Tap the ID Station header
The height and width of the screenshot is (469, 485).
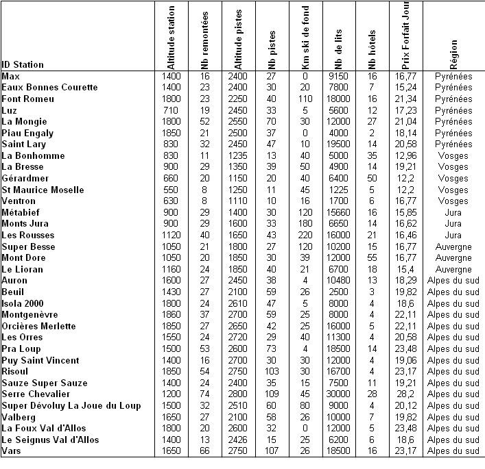(23, 65)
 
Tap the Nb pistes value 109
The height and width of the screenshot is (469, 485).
(271, 394)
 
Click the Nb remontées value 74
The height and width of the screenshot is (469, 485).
(204, 394)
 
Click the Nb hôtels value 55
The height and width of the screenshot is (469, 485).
(372, 257)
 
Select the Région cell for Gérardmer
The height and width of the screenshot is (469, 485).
(453, 178)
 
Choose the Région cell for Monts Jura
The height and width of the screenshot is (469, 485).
(453, 223)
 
